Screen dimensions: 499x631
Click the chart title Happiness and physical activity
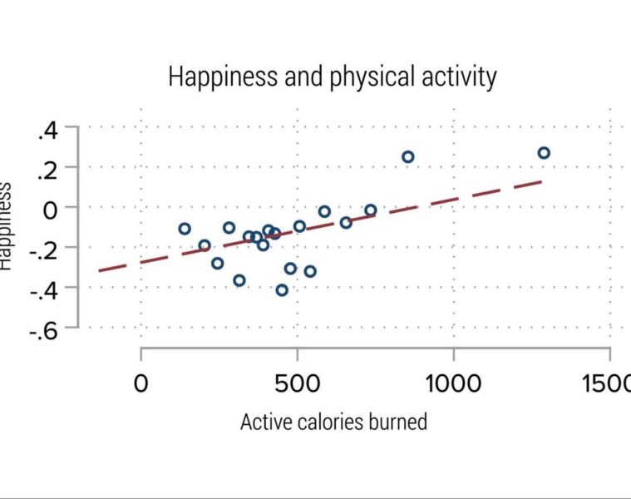pos(333,77)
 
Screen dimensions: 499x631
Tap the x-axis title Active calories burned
pos(333,422)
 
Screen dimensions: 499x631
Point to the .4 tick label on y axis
pos(47,130)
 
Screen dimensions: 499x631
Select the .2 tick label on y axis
pos(47,169)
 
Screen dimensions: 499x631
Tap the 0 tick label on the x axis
pos(141,384)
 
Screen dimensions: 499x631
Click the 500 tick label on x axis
pos(297,384)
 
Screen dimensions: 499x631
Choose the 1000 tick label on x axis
pos(453,384)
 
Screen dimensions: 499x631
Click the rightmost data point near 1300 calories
pos(544,153)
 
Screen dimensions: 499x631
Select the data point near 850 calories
pos(407,156)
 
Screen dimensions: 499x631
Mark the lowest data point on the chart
pos(282,290)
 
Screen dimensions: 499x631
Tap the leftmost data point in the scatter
pos(185,229)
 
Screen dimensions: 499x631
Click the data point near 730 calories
pos(371,210)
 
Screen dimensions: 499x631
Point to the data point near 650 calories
pos(346,222)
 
